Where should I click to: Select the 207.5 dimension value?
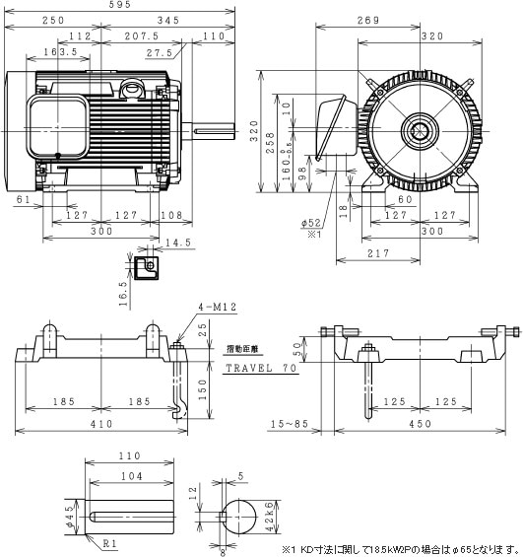click(x=147, y=35)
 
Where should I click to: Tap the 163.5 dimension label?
click(x=62, y=50)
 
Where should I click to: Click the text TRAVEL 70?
click(x=261, y=367)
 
